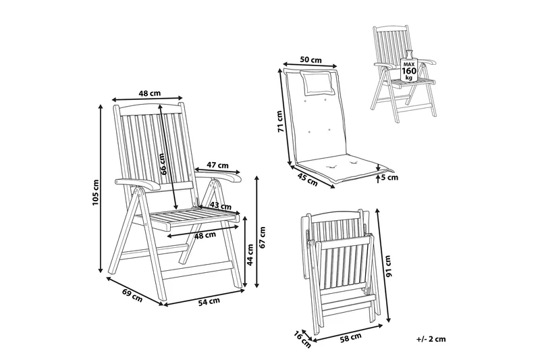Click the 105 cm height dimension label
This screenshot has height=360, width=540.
[x=96, y=192]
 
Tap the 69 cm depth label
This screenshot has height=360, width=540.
[x=132, y=295]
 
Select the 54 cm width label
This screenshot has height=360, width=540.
[x=209, y=301]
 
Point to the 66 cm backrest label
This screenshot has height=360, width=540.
[x=163, y=163]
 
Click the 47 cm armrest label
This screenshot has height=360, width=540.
[x=217, y=165]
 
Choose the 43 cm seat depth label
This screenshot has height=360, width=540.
[x=221, y=206]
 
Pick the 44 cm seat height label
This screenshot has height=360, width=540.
[x=250, y=255]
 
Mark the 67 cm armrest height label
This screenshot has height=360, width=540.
[x=263, y=237]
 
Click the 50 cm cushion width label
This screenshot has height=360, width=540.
[x=310, y=59]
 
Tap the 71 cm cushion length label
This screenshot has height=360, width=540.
[x=281, y=122]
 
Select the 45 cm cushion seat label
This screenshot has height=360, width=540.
[x=307, y=180]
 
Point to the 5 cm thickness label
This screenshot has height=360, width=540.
[x=389, y=178]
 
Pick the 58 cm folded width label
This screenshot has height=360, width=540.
[x=350, y=337]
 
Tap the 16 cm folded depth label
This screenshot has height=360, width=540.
[x=302, y=338]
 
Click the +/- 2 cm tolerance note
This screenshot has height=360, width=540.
[x=431, y=339]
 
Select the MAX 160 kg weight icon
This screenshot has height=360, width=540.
[x=409, y=68]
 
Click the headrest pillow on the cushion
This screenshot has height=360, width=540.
[x=317, y=82]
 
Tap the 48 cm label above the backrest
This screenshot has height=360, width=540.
[x=149, y=93]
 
